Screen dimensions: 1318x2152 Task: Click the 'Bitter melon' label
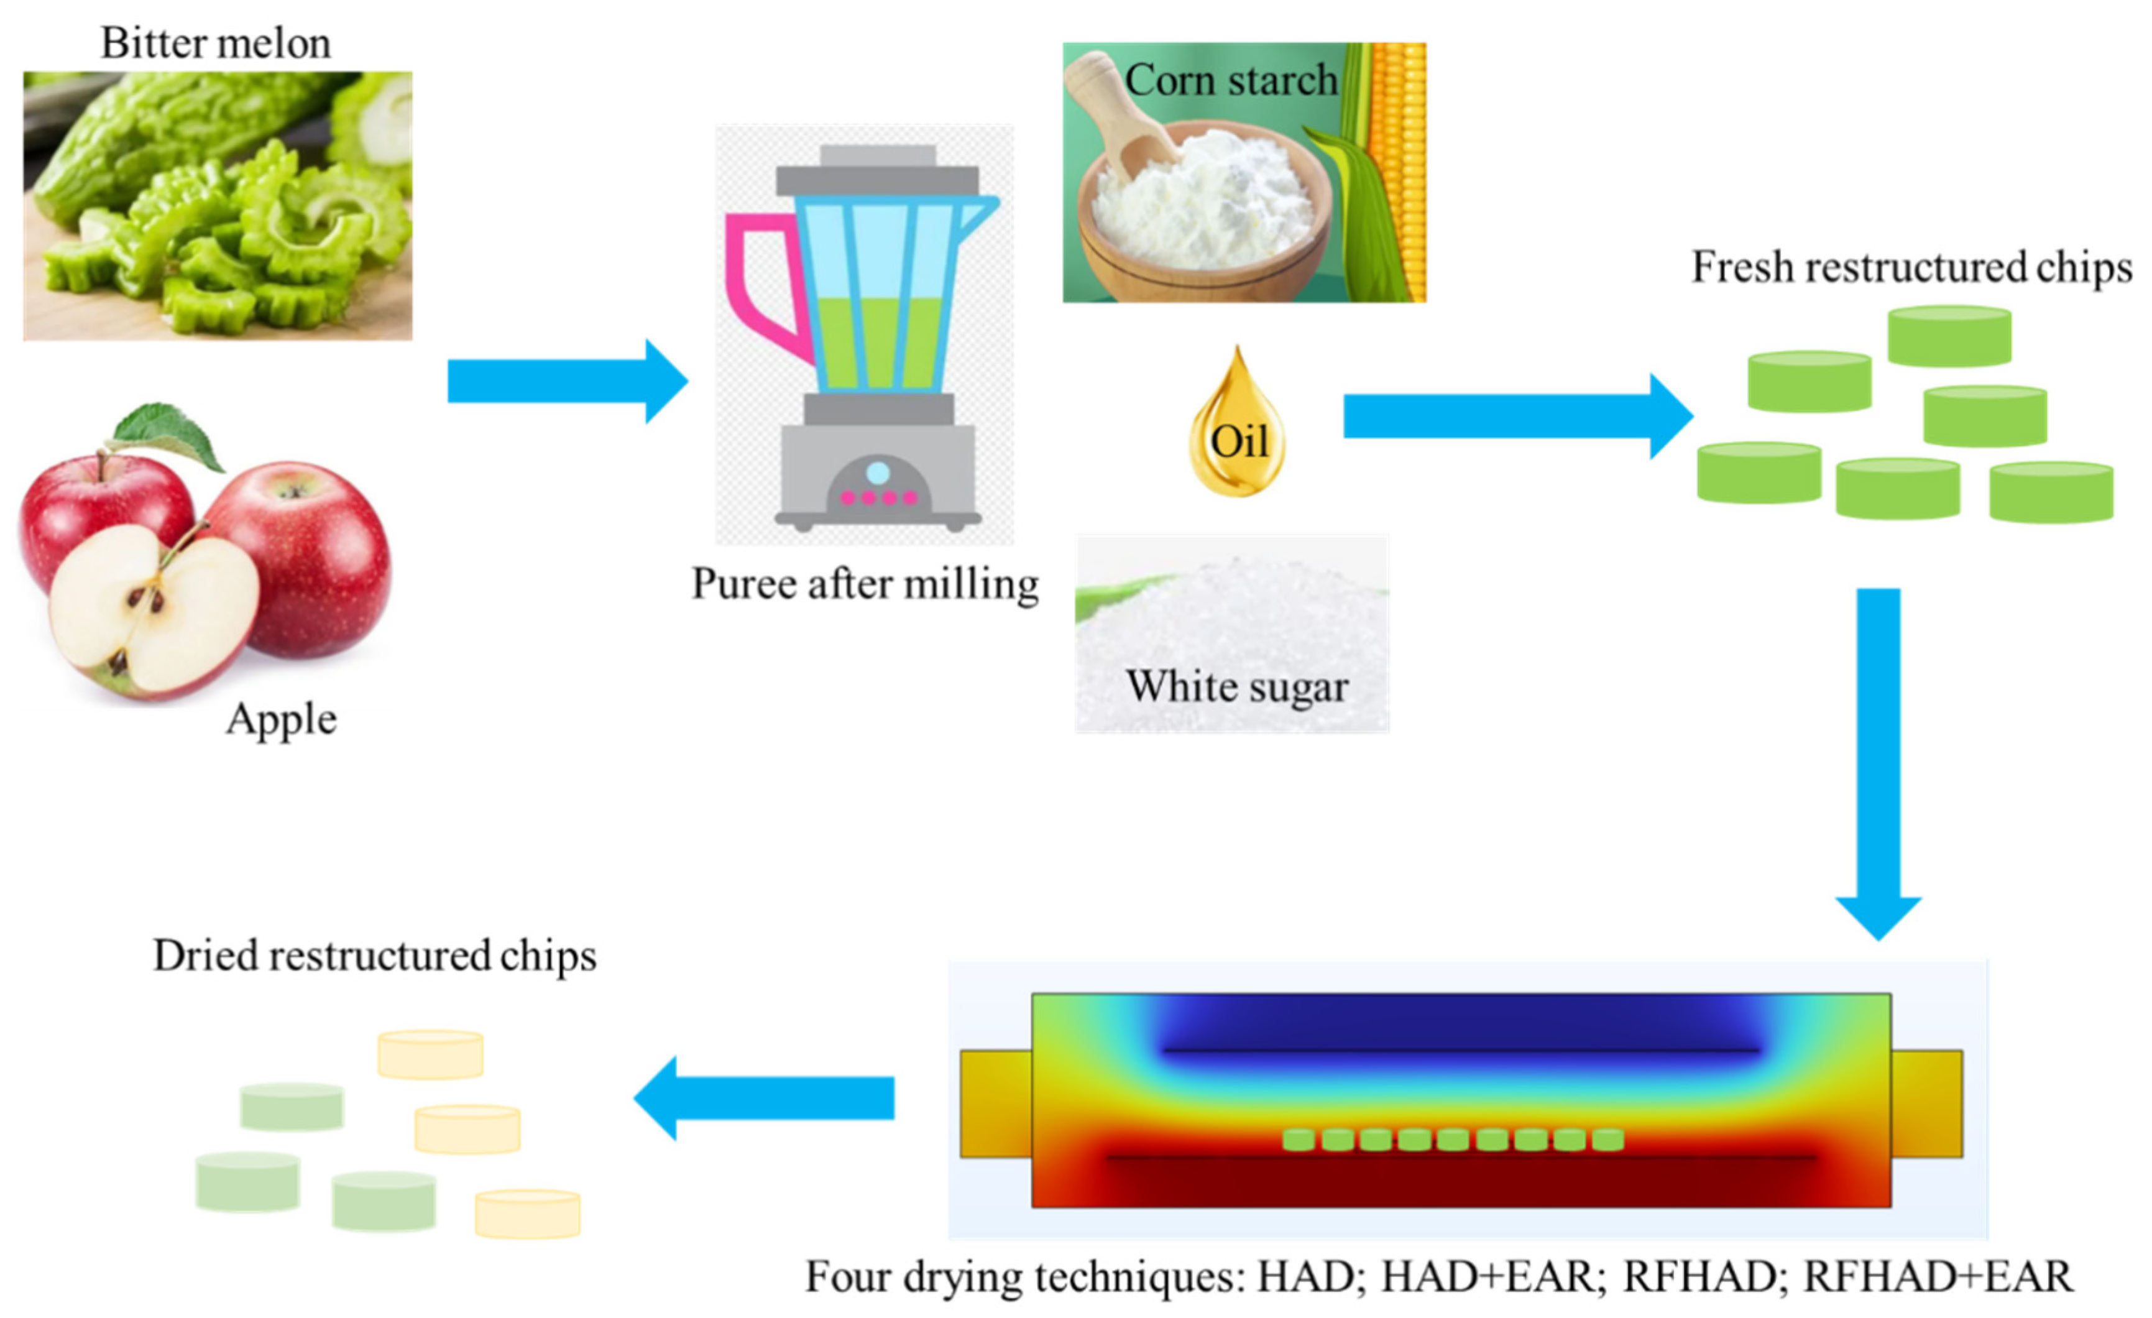pos(216,43)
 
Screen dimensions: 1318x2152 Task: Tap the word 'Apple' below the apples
pos(281,720)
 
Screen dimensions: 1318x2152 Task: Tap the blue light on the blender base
pos(878,473)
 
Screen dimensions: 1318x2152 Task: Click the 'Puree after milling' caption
pos(865,583)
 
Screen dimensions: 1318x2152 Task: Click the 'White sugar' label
pos(1237,686)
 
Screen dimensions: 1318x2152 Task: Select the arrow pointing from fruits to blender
pos(568,382)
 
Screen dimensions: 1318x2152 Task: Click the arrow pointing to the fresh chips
pos(1516,416)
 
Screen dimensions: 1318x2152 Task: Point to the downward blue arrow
pos(1878,760)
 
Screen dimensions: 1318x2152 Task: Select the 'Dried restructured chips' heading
pos(375,955)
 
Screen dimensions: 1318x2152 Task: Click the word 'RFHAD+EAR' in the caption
pos(1937,1277)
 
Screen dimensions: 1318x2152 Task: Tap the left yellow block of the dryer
pos(996,1104)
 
